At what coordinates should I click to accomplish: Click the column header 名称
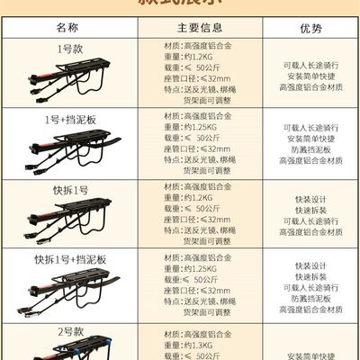point(68,28)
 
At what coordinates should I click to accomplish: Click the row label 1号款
point(68,47)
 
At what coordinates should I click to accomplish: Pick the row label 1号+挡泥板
point(68,119)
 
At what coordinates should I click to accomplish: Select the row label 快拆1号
point(68,190)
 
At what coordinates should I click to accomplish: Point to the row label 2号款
point(68,330)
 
